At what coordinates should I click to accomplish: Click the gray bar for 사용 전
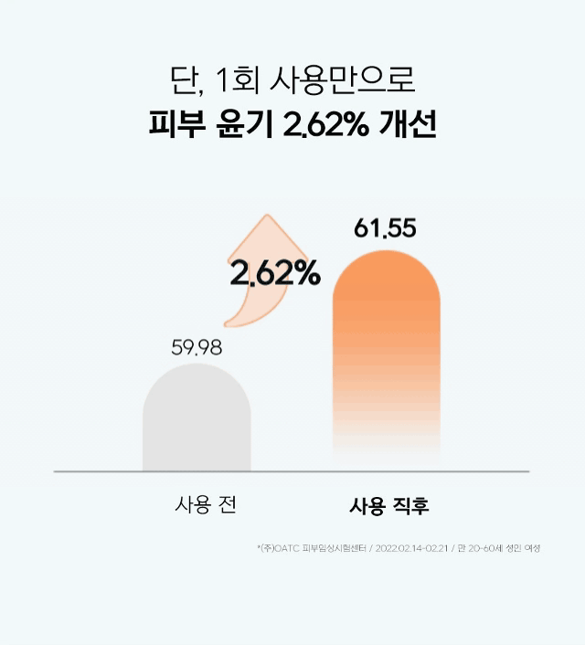pos(197,420)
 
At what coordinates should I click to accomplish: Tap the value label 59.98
pos(197,347)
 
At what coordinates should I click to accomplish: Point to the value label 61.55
pos(385,229)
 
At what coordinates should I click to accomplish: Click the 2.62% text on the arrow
pos(275,272)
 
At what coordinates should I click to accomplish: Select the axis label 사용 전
pos(206,504)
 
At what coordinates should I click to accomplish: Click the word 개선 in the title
pos(407,126)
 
